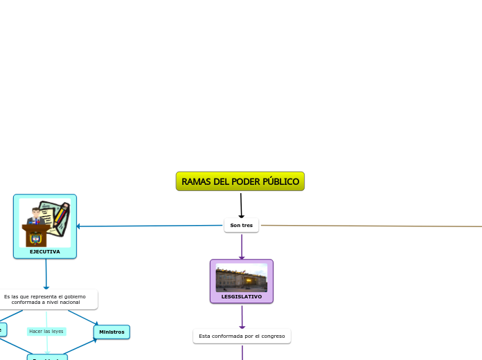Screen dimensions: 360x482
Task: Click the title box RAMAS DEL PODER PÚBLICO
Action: pos(240,181)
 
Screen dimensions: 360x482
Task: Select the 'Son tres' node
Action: pos(241,225)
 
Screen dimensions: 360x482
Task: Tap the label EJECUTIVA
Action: pos(44,252)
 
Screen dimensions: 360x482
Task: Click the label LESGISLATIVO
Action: pos(241,296)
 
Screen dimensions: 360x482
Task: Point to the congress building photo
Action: pos(241,277)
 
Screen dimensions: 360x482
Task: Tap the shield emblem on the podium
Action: pos(35,239)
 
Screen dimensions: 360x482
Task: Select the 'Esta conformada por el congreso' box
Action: pos(242,336)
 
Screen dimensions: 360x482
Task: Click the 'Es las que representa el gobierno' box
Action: pos(46,299)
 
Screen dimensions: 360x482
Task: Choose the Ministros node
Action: pos(111,332)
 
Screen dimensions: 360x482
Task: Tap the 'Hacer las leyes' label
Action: pos(46,332)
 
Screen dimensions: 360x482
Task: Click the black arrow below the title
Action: pos(241,206)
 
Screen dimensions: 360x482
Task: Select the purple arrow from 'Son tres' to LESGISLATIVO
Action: pos(242,246)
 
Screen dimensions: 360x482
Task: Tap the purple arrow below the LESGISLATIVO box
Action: pos(242,316)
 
